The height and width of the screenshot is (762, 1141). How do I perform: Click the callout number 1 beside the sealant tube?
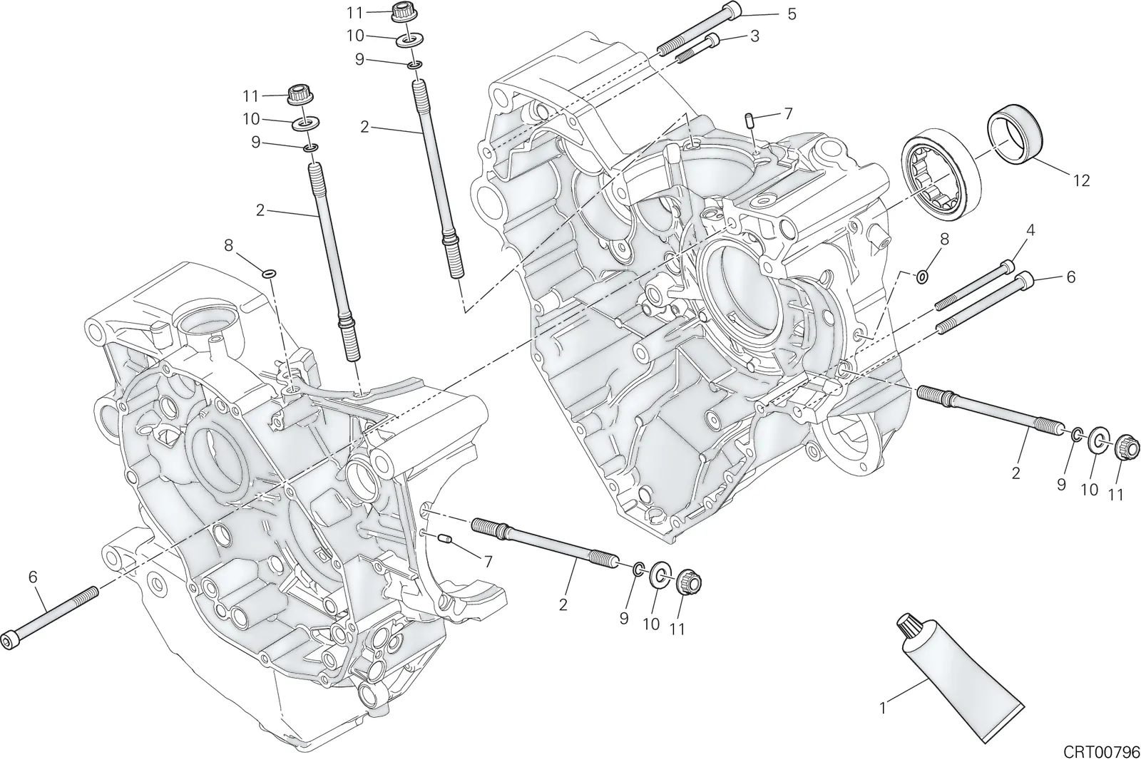tap(883, 708)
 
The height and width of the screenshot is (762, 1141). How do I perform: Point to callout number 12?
tap(1081, 180)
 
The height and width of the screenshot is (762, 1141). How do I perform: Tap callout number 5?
tap(791, 14)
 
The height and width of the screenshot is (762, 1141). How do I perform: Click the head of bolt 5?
tap(732, 9)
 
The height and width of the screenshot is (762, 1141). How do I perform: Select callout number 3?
tap(754, 36)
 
